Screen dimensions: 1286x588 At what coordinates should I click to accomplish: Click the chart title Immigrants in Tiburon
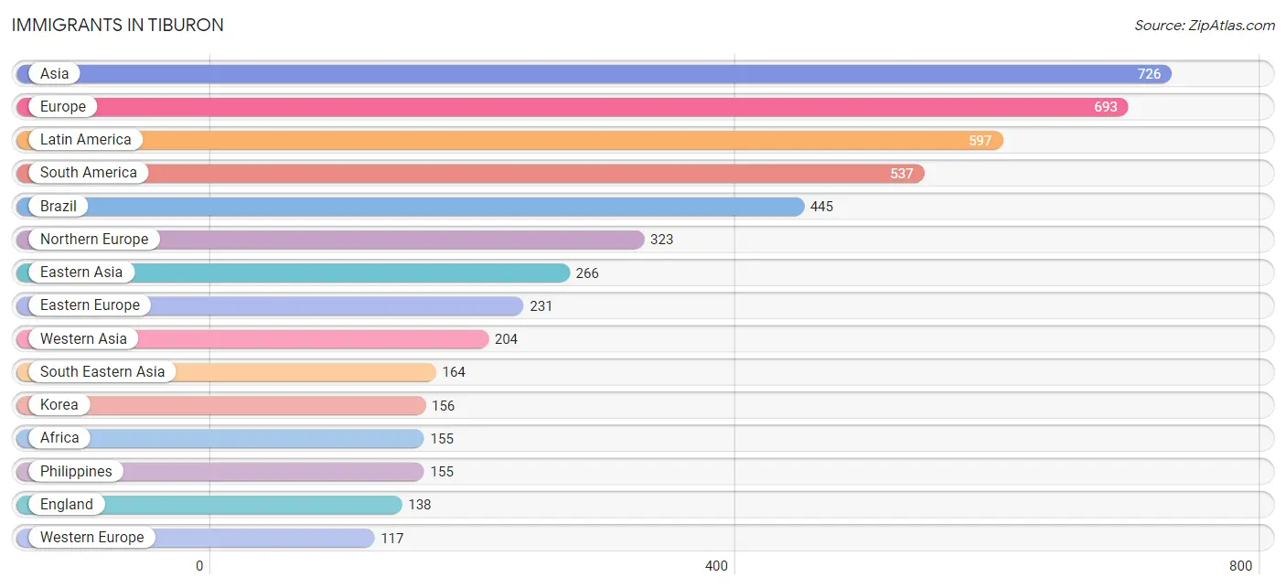(118, 25)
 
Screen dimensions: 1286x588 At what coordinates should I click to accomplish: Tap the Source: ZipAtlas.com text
(1205, 26)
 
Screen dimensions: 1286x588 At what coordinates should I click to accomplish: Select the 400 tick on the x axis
(716, 566)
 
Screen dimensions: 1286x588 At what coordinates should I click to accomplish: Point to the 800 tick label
(1240, 566)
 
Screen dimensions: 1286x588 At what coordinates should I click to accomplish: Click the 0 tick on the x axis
(199, 566)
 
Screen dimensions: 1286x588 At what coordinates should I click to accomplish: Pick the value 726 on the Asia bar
(1149, 74)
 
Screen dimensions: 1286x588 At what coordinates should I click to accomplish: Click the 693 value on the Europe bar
(1105, 107)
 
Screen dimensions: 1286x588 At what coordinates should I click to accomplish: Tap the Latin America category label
(86, 140)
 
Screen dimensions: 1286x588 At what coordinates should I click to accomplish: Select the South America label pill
(89, 172)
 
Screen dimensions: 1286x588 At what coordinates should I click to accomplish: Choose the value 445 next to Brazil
(821, 206)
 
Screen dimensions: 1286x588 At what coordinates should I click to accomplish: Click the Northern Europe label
(94, 239)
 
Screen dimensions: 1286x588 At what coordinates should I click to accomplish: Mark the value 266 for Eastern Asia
(587, 273)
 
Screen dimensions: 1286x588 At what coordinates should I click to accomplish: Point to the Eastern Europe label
(91, 305)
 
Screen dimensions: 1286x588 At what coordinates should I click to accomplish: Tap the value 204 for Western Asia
(507, 338)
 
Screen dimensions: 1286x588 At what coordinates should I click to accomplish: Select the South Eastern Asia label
(102, 371)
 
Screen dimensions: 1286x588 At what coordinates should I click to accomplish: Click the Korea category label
(59, 404)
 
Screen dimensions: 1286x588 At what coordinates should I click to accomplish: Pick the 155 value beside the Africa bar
(442, 439)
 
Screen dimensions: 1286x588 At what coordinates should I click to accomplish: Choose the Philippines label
(76, 472)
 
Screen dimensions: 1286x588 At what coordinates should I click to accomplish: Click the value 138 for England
(420, 505)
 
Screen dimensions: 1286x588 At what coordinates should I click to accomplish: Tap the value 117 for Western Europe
(392, 538)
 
